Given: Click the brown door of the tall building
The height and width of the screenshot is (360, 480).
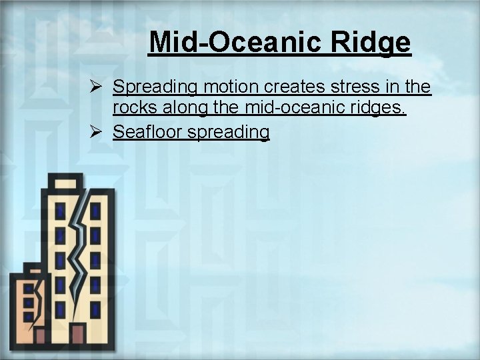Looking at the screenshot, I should click(x=78, y=334).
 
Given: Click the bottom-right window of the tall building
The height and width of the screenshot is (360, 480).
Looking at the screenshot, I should click(x=95, y=309).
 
